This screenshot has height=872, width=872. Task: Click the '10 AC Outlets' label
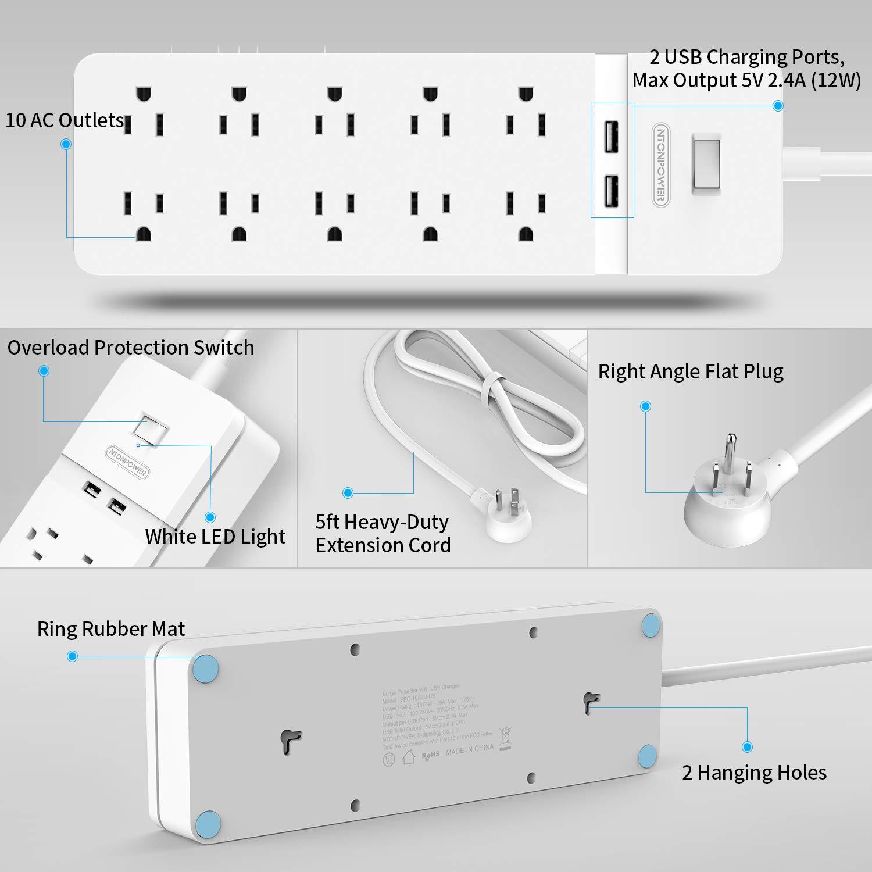tap(65, 120)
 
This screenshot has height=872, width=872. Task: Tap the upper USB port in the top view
tap(610, 136)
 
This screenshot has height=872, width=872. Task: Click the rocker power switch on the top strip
tap(706, 163)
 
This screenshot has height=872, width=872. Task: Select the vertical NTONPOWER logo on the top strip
tap(660, 164)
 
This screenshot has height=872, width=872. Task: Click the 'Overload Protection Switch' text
tap(131, 347)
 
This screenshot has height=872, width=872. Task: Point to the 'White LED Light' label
tap(215, 536)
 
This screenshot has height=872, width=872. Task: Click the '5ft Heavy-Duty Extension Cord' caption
tap(383, 533)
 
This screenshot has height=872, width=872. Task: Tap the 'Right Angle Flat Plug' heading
tap(691, 371)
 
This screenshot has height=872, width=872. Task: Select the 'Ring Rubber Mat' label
tap(110, 628)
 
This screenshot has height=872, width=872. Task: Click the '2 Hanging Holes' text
tap(754, 772)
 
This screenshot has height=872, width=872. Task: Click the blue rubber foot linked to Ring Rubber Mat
tap(206, 668)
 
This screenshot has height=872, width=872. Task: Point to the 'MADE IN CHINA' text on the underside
tap(470, 749)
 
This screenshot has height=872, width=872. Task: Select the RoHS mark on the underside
tap(430, 755)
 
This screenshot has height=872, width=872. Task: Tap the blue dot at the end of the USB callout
tap(778, 106)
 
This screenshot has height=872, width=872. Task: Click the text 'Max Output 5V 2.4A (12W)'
tap(746, 80)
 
